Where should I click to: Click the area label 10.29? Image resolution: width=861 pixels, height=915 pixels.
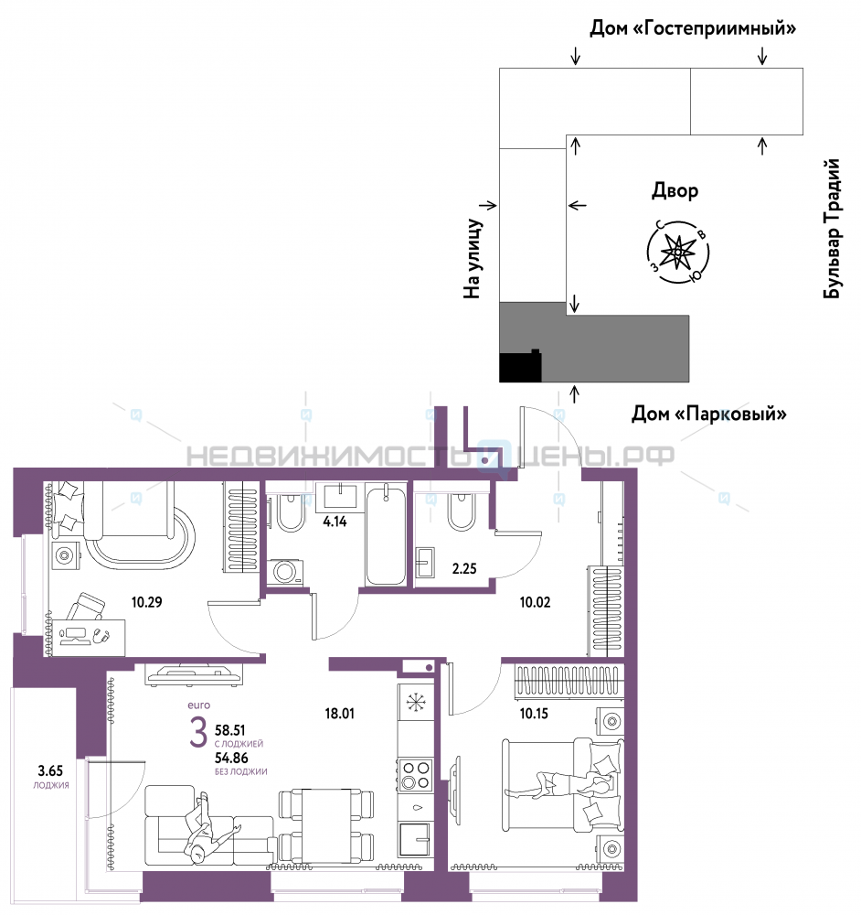click(x=146, y=602)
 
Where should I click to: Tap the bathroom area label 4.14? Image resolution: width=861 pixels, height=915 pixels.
click(x=335, y=522)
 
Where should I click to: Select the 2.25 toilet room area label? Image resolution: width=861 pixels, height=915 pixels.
click(x=464, y=568)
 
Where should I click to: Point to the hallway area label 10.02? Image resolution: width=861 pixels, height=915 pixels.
click(x=535, y=602)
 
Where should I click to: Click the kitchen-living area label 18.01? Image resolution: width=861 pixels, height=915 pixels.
click(x=339, y=713)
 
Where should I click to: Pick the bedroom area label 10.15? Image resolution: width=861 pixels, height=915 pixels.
click(x=534, y=713)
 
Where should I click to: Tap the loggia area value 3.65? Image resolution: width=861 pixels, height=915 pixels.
click(x=50, y=770)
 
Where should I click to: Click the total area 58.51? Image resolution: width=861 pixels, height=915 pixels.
click(x=229, y=730)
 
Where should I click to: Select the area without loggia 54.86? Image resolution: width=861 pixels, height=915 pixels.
click(x=231, y=758)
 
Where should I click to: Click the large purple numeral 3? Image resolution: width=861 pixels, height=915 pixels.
click(x=198, y=733)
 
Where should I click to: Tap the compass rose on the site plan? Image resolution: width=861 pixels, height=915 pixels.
click(x=678, y=253)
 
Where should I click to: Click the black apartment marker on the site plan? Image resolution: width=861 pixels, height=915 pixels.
click(x=520, y=367)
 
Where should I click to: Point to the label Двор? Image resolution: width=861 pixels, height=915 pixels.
click(x=675, y=190)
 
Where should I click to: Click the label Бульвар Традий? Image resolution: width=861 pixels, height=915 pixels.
click(x=832, y=229)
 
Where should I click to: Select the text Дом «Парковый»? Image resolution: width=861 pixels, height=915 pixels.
click(x=709, y=414)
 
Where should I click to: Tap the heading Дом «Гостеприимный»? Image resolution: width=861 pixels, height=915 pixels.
click(x=693, y=28)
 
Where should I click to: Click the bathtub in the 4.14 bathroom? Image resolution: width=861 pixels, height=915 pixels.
click(x=386, y=534)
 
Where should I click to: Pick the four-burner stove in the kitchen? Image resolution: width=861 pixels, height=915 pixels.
click(x=416, y=775)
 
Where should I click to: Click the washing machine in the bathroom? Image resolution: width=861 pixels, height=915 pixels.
click(x=285, y=572)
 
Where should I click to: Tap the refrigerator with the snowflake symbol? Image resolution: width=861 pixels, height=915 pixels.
click(x=416, y=703)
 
